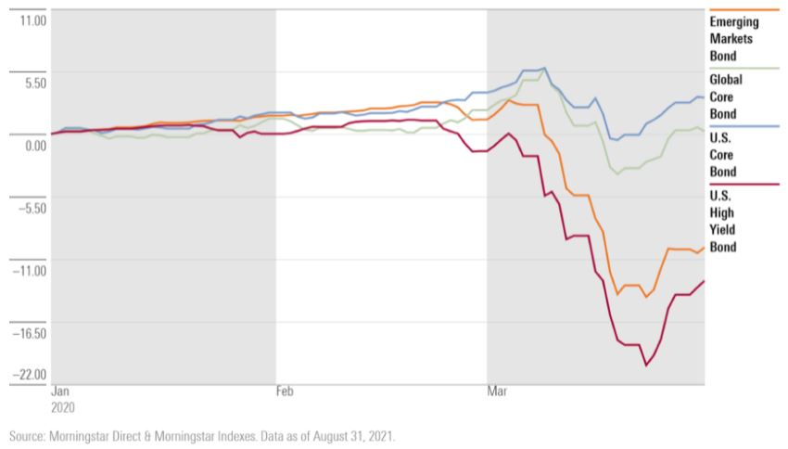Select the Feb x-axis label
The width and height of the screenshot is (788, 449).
pos(286,392)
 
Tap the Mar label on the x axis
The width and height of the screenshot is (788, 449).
pos(497,392)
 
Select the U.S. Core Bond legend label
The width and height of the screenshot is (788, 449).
pos(723,156)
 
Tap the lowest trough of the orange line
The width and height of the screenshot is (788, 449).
pos(645,297)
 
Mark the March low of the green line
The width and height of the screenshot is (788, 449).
pos(617,173)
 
